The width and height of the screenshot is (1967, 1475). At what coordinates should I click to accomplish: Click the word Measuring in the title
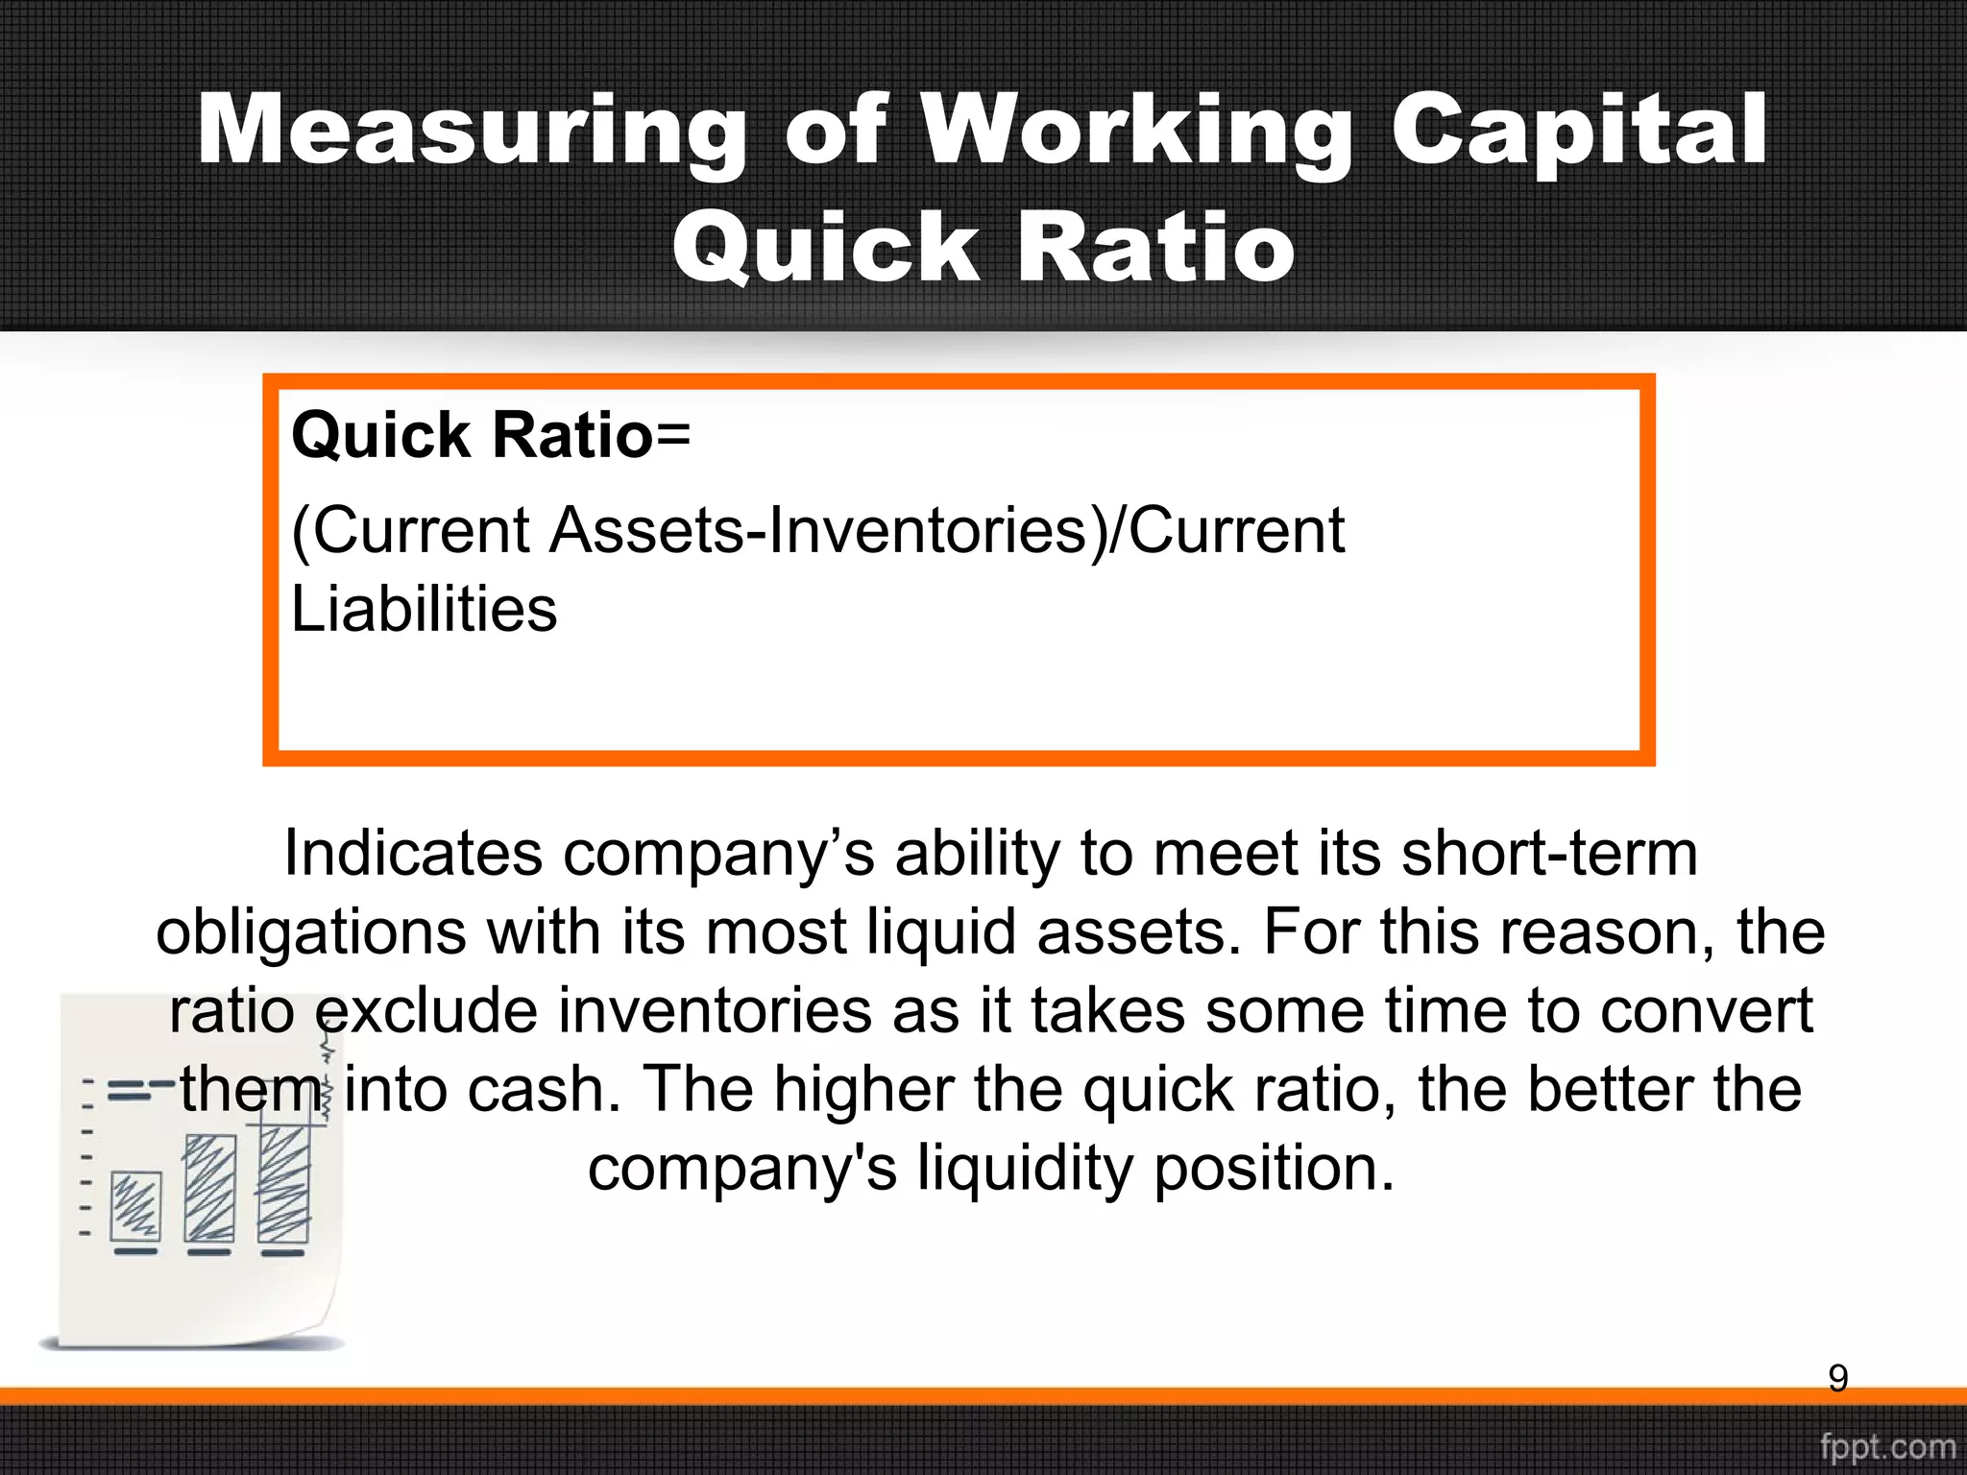coord(471,132)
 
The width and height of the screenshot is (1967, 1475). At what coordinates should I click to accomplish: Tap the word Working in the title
coord(1134,132)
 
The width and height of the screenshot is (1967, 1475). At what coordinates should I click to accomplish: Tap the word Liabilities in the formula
coord(424,610)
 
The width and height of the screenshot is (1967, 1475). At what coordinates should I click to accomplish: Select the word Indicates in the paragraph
coord(413,854)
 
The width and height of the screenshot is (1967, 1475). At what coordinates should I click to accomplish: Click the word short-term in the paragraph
coord(1549,854)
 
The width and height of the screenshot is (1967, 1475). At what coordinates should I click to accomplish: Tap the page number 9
coord(1837,1379)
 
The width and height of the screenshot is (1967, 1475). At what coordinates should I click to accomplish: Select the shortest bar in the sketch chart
coord(136,1206)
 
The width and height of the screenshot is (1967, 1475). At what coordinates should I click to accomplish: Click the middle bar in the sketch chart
coord(209,1189)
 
